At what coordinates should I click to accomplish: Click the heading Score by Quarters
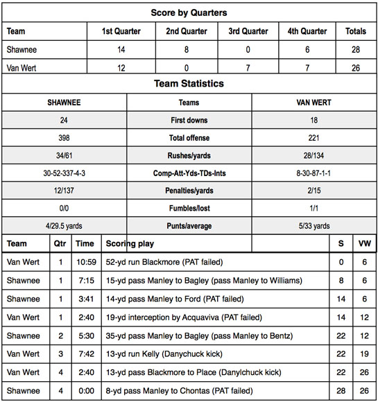pos(189,12)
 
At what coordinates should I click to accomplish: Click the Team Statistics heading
pos(189,84)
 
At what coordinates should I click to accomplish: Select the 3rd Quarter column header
pos(248,31)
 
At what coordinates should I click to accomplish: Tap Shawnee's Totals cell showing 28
pos(356,49)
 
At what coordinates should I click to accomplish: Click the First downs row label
pos(189,120)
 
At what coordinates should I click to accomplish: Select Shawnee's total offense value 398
pos(64,138)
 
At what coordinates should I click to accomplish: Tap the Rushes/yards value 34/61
pos(64,155)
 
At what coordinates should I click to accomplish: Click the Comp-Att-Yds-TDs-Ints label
pos(189,173)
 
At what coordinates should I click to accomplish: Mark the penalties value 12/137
pos(64,191)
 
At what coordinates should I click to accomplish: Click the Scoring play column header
pos(130,244)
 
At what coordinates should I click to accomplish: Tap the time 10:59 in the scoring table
pos(85,262)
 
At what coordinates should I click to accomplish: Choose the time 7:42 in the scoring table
pos(85,354)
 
